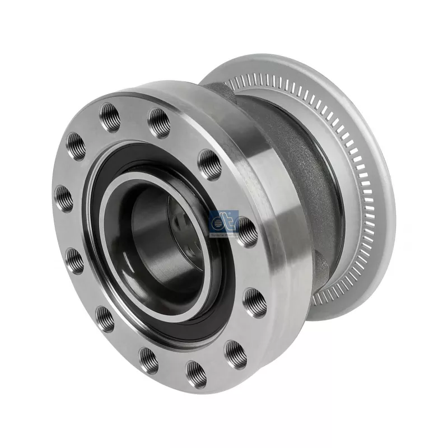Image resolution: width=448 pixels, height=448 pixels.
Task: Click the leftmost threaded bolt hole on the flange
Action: [x=64, y=197]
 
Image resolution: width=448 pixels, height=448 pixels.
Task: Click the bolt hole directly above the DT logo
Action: [x=210, y=164]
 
